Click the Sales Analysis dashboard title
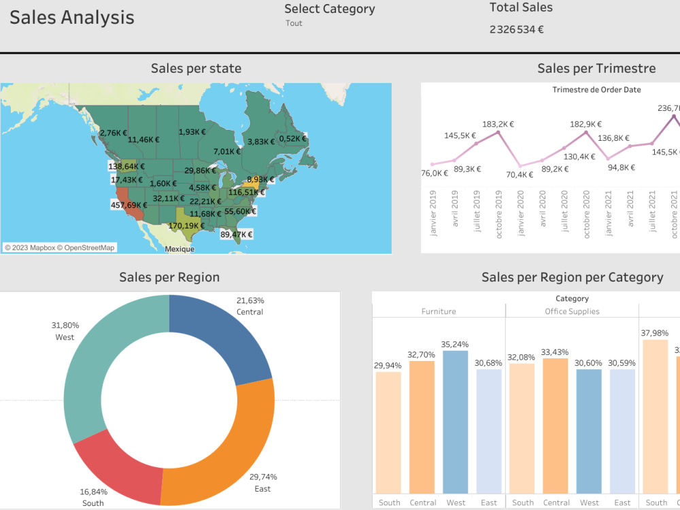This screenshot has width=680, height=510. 71,18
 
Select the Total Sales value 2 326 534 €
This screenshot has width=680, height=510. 516,29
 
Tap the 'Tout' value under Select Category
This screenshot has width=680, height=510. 294,23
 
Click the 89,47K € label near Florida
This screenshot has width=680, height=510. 236,235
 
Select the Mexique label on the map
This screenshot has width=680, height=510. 180,249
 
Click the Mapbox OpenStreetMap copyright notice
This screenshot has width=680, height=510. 60,248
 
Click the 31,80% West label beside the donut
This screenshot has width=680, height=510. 65,330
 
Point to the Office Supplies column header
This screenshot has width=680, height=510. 572,311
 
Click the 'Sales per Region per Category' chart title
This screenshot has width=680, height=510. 572,277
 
